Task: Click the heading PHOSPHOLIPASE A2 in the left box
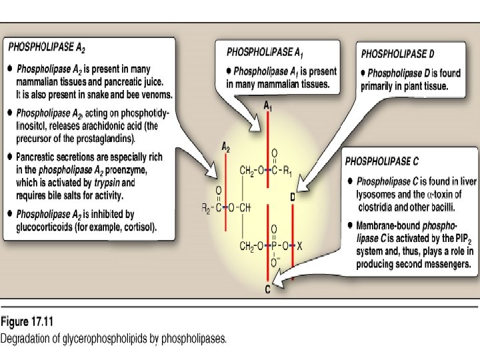(47, 48)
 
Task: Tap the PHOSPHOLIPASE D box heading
(399, 53)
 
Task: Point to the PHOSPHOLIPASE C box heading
(382, 161)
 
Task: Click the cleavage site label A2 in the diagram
(226, 147)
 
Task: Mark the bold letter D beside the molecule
(293, 197)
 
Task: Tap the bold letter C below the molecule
(267, 289)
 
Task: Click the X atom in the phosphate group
(300, 246)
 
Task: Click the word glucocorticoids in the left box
(47, 227)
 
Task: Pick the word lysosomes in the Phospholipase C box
(377, 193)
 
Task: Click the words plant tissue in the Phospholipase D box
(424, 86)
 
